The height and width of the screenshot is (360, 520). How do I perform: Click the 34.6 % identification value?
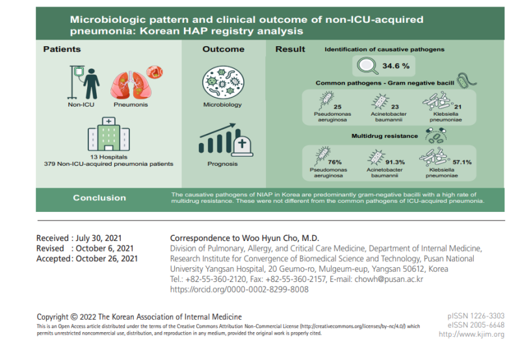click(x=396, y=66)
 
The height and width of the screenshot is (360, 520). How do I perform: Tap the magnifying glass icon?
click(x=367, y=66)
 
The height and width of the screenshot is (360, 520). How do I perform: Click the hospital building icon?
click(x=109, y=134)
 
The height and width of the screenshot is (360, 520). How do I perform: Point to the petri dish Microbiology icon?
click(x=223, y=83)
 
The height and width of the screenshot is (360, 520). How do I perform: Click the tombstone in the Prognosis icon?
click(x=242, y=146)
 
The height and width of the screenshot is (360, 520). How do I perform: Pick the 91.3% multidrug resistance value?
click(x=395, y=162)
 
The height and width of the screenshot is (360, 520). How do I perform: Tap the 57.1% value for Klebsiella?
click(x=462, y=162)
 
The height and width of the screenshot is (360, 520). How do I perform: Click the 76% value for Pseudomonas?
click(x=335, y=162)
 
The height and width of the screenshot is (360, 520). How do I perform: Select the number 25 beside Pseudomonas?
click(x=337, y=107)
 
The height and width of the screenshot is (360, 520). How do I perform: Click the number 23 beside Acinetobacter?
click(x=395, y=107)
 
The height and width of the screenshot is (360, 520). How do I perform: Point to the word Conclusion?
click(x=99, y=198)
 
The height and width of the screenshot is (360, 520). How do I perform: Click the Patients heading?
click(x=62, y=49)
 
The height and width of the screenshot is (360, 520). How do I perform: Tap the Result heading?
click(x=290, y=49)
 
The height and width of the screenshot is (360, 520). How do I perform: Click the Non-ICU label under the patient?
click(x=81, y=105)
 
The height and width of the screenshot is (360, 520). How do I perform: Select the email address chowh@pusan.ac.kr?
click(x=389, y=279)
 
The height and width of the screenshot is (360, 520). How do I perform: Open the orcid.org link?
click(x=239, y=289)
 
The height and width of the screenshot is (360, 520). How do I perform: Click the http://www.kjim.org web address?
click(x=471, y=334)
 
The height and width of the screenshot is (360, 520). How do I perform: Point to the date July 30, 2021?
click(x=99, y=238)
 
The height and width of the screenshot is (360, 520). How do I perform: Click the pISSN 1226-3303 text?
click(x=476, y=316)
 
